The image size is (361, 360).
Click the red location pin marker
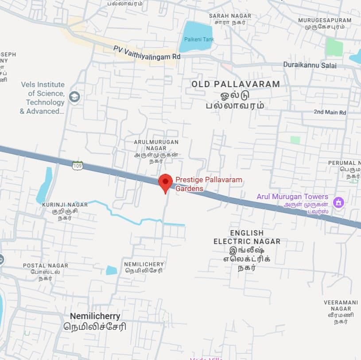pyautogui.click(x=165, y=182)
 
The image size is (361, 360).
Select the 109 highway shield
pyautogui.click(x=78, y=166)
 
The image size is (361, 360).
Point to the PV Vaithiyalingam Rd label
pyautogui.click(x=147, y=53)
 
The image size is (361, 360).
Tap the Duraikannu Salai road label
pyautogui.click(x=310, y=66)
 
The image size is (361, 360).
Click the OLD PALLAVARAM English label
pyautogui.click(x=236, y=84)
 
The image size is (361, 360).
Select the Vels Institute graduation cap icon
pyautogui.click(x=74, y=97)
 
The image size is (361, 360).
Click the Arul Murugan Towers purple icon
pyautogui.click(x=339, y=202)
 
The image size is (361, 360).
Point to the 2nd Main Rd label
pyautogui.click(x=330, y=112)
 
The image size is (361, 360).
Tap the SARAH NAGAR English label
pyautogui.click(x=230, y=16)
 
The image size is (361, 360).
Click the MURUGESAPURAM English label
pyautogui.click(x=325, y=20)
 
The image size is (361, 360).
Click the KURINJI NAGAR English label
pyautogui.click(x=65, y=204)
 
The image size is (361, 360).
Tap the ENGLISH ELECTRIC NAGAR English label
pyautogui.click(x=247, y=237)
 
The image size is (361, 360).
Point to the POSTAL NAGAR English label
pyautogui.click(x=46, y=266)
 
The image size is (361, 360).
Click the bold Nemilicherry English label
pyautogui.click(x=95, y=316)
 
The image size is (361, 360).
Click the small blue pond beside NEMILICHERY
pyautogui.click(x=112, y=270)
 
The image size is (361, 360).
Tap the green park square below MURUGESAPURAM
pyautogui.click(x=334, y=47)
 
